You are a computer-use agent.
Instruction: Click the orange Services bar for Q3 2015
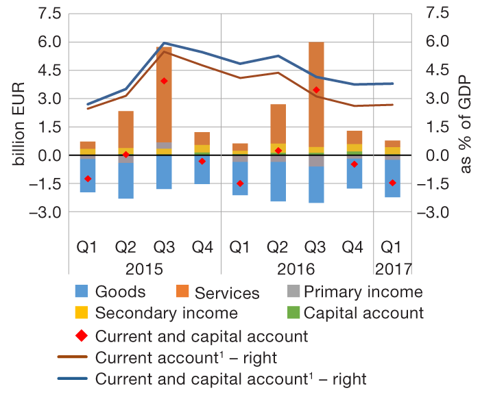163,96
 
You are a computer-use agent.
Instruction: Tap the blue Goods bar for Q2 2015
125,181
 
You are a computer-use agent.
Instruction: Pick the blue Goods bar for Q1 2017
392,178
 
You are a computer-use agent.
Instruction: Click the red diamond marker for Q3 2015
164,81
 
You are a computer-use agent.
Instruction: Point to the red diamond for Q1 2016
240,183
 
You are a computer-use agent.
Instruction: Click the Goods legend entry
121,292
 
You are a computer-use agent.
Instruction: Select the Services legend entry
227,294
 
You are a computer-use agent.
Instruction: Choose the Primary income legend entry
363,292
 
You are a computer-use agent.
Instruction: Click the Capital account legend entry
364,313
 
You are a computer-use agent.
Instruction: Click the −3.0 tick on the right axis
438,212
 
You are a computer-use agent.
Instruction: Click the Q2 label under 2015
125,245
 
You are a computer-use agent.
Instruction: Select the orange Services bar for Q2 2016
278,124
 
